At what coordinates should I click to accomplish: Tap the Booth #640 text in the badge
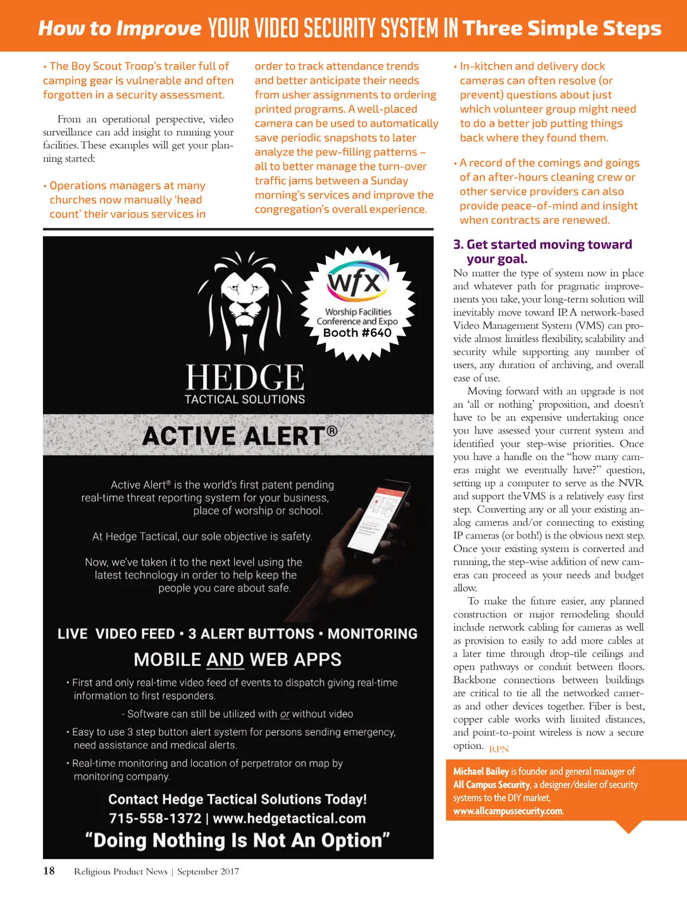tap(357, 333)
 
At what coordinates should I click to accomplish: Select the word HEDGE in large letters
tap(245, 378)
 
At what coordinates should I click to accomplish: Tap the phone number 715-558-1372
tap(155, 818)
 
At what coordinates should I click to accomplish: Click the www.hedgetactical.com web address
tap(289, 818)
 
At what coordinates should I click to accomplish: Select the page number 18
tap(49, 871)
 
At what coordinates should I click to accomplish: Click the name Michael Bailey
tap(481, 771)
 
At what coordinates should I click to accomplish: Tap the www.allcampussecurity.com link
tap(508, 811)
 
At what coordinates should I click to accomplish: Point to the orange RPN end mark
tap(499, 749)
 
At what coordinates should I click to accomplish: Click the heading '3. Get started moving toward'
tap(543, 245)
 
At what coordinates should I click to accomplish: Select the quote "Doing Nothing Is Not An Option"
tap(238, 840)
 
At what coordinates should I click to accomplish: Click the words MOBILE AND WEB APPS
tap(238, 660)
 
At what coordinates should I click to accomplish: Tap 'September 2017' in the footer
tap(208, 872)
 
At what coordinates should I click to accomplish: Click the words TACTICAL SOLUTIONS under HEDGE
tap(244, 399)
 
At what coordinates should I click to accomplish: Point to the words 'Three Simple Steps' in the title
tap(562, 28)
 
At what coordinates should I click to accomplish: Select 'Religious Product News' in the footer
tap(121, 872)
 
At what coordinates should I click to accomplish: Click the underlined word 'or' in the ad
tap(285, 714)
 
